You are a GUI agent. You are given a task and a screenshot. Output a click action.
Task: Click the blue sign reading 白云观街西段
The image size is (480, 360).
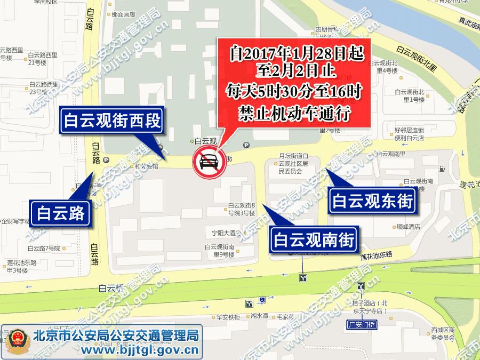(x=111, y=121)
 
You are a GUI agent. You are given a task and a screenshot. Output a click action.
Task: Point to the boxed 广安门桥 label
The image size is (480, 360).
(x=361, y=324)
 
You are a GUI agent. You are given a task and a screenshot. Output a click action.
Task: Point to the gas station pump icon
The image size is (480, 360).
(x=442, y=169)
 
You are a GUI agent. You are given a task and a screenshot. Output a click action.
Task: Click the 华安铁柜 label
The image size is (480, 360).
(x=227, y=317)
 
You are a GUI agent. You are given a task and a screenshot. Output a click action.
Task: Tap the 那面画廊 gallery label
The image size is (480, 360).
(x=126, y=14)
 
